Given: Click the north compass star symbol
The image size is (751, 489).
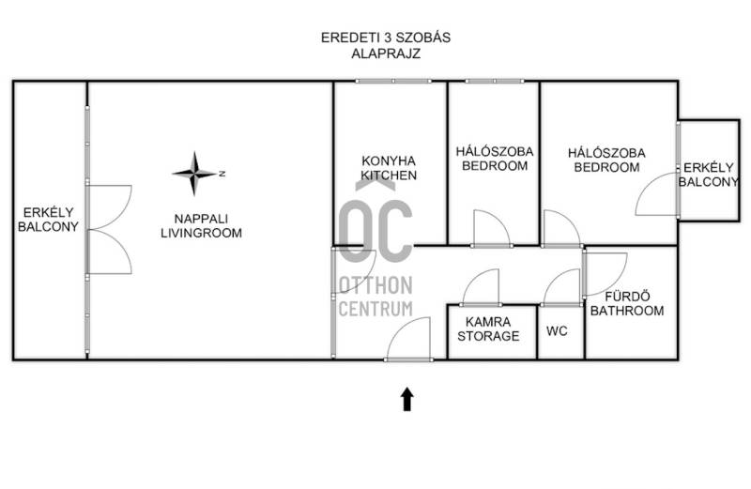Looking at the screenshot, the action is tap(194, 174).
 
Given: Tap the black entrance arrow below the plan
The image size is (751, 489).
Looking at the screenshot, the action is tap(407, 399).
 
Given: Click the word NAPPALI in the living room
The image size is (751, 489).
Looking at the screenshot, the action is tap(201, 219).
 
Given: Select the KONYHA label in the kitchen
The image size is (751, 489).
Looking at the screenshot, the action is tap(389, 160).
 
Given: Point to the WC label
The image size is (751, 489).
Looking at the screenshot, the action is tap(557, 331).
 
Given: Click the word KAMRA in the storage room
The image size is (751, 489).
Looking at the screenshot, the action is tap(488, 322).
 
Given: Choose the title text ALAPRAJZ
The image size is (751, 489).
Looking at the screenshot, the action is tap(386, 53).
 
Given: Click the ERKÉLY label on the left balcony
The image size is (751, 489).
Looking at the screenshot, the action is tap(49, 212).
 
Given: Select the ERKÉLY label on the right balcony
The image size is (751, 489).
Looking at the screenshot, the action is tap(709, 168).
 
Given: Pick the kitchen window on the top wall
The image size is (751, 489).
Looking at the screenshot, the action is tap(393, 82).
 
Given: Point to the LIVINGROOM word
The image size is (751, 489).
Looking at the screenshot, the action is tap(201, 234).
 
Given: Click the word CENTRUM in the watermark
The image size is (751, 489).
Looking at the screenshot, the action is tap(375, 309).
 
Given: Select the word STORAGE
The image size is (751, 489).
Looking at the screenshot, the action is tap(488, 336).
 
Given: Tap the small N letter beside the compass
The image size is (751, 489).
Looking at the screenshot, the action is tap(222, 174).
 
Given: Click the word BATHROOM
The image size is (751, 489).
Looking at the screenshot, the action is tap(627, 311).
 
